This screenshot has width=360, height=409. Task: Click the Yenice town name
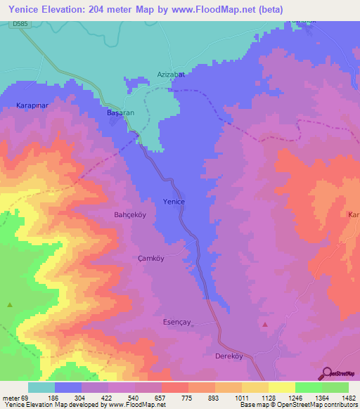coord(174,202)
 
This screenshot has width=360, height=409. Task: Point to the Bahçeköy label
coord(129,215)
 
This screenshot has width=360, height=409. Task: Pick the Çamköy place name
coord(150,258)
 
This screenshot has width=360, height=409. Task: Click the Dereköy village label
coord(229,356)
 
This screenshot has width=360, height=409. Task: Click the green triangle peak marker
coord(10,304)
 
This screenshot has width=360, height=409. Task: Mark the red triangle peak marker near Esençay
coord(265,324)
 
